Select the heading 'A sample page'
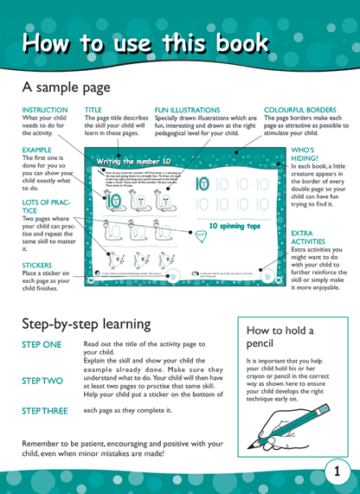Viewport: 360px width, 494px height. [x=66, y=87]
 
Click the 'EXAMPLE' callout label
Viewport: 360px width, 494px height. [x=37, y=150]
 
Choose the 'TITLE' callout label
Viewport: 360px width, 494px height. [x=93, y=111]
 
